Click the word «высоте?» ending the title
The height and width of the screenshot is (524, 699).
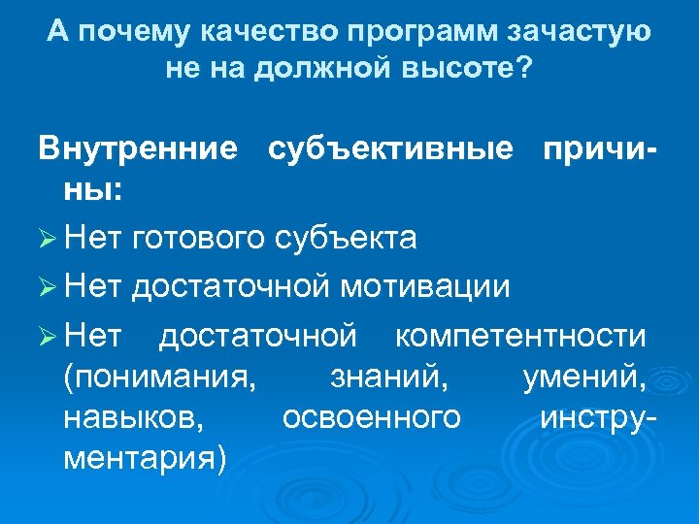476,71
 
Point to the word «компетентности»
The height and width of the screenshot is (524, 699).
520,336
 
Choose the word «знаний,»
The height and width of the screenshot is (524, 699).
389,377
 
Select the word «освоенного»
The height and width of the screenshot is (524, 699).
371,417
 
